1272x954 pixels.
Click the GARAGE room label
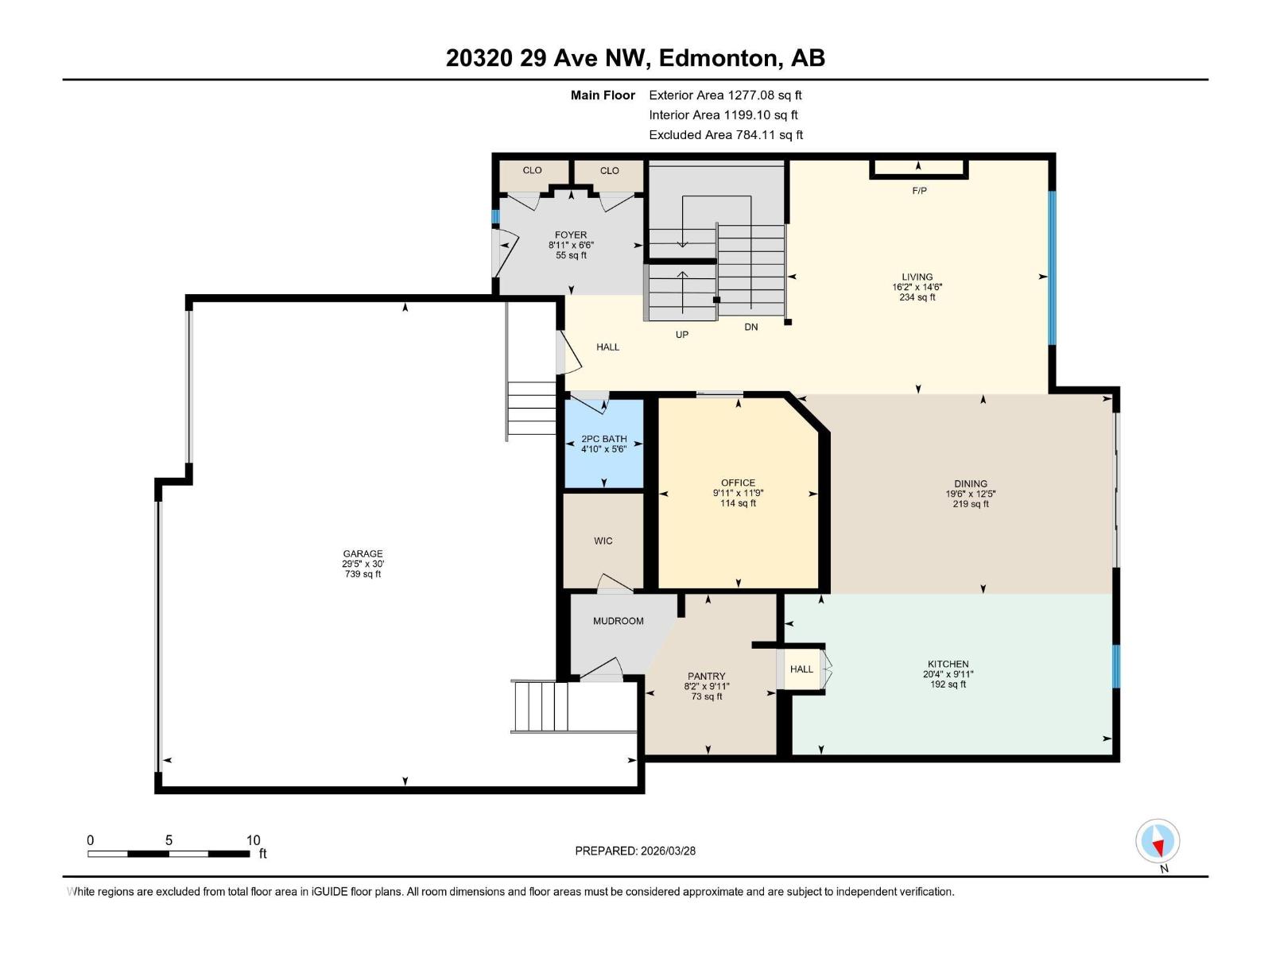point(363,554)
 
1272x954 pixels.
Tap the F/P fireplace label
point(919,191)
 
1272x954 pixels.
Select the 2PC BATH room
point(603,444)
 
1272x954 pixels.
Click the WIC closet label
point(603,541)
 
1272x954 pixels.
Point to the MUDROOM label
point(618,621)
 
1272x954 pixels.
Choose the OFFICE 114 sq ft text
point(738,503)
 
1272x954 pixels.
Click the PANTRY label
point(706,677)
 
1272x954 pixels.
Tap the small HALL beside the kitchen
point(801,669)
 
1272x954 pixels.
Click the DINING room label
point(971,483)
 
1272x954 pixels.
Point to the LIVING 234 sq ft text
point(917,297)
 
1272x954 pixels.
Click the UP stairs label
point(681,335)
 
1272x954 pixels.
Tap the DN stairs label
point(750,327)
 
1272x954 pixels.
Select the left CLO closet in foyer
point(532,170)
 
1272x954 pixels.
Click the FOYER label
point(571,235)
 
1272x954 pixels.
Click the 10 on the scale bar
point(253,840)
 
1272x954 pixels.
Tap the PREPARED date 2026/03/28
point(667,851)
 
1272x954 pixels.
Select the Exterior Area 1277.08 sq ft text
point(725,95)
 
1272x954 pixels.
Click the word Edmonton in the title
point(717,58)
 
